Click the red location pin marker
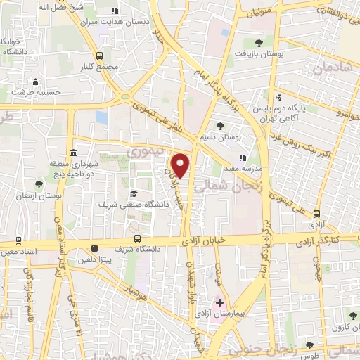point(181,165)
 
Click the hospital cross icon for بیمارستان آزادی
point(220,302)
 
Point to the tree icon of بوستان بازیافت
point(259,43)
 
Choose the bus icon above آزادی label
point(316,213)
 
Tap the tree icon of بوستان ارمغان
point(38,184)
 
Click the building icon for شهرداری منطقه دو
point(73,153)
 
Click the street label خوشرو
point(347,111)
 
